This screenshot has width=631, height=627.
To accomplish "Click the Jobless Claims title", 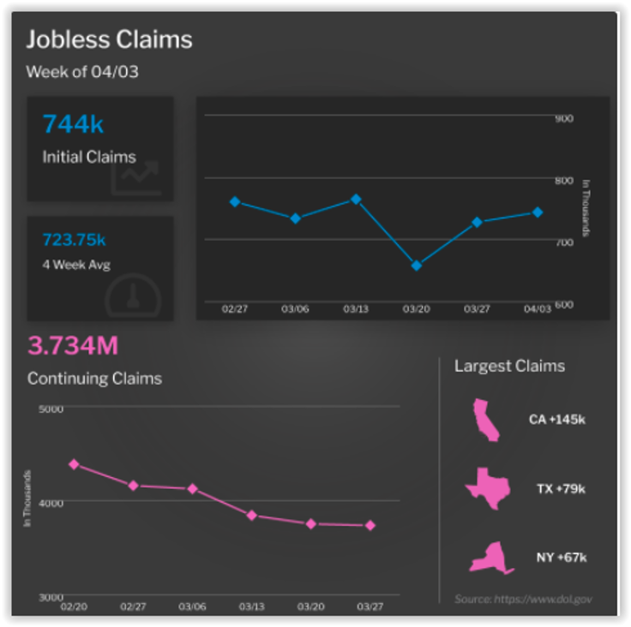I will (x=109, y=39).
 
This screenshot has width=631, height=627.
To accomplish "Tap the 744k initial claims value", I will (x=73, y=125).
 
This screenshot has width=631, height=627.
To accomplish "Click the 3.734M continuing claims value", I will (x=73, y=346).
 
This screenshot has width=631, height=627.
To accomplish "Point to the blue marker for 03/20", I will (x=417, y=266).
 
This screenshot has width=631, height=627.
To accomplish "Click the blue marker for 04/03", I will (x=538, y=212).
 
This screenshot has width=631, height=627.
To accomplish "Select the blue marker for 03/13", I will (x=356, y=200).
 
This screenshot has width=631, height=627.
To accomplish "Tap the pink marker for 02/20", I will (x=74, y=464).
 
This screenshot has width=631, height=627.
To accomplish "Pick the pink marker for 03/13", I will (x=251, y=515).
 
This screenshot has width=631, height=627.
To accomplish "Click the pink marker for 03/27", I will (x=370, y=526).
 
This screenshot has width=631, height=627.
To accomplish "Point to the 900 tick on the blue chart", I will (x=563, y=118).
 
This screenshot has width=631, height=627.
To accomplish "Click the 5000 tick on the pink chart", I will (x=51, y=409).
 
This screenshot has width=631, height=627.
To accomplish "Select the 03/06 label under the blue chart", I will (x=295, y=308).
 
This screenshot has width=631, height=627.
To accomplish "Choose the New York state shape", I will (x=490, y=558).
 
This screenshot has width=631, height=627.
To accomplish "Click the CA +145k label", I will (x=556, y=421).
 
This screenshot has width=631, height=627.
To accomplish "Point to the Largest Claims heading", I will (x=509, y=367).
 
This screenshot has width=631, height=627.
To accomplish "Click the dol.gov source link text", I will (x=523, y=600).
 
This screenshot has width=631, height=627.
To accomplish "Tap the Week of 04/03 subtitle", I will (x=82, y=72).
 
